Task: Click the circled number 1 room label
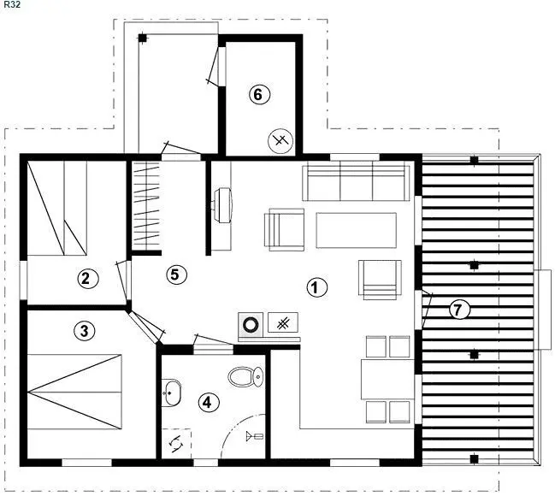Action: tap(316, 287)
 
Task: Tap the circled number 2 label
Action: tap(88, 279)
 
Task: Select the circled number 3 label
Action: tap(85, 331)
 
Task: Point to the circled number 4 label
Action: tap(209, 402)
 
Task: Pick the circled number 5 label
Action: tap(177, 275)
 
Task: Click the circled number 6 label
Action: tap(259, 95)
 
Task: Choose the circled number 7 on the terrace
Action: tap(459, 310)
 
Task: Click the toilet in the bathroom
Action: tap(246, 376)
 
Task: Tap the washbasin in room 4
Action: tap(171, 393)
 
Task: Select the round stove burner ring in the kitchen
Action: tap(251, 324)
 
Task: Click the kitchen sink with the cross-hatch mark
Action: tap(283, 322)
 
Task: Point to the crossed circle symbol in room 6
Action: tap(280, 141)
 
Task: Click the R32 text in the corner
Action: tap(11, 5)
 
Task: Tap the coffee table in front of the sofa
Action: tap(356, 230)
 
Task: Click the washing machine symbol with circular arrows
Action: tap(176, 443)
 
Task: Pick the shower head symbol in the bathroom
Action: tap(255, 436)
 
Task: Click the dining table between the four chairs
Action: tap(387, 379)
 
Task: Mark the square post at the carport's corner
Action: tap(142, 38)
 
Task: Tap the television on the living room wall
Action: tap(223, 205)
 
